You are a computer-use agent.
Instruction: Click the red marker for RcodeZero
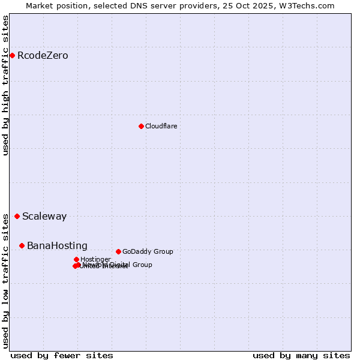[12, 56]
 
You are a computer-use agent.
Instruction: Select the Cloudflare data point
[141, 126]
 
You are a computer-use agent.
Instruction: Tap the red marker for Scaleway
[17, 217]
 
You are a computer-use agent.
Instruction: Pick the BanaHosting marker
[22, 245]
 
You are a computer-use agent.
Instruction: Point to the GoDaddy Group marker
[118, 251]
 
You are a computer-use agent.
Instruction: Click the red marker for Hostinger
[76, 259]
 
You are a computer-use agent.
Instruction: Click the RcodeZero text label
[43, 56]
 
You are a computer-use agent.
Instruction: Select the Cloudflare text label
[161, 126]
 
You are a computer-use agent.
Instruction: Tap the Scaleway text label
[44, 217]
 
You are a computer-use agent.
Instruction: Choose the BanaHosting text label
[57, 245]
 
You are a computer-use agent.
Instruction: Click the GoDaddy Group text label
[148, 251]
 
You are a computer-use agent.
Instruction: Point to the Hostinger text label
[95, 259]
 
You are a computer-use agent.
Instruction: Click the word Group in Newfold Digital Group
[142, 265]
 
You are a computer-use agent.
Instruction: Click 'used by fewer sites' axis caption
[62, 355]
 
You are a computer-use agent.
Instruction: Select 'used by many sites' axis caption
[301, 355]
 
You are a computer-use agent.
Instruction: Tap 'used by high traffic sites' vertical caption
[5, 85]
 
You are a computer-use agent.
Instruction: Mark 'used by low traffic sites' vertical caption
[5, 281]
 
